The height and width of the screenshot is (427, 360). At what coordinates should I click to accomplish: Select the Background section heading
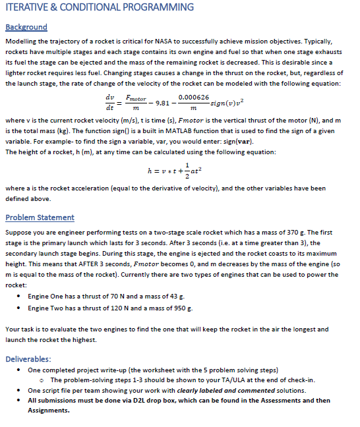click(26, 27)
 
